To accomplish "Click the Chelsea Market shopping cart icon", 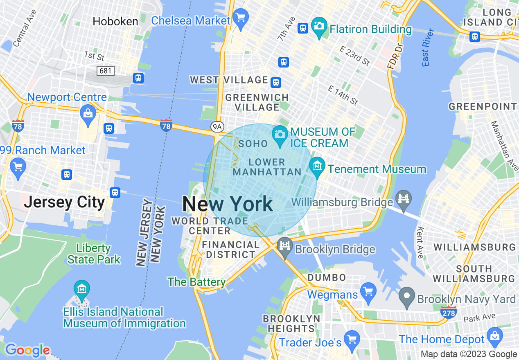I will [x=241, y=17].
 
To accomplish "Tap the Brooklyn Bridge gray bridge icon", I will [x=284, y=246].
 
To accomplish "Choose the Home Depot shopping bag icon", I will [x=495, y=336].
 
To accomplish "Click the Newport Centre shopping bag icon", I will [x=88, y=112].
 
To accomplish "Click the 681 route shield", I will [x=105, y=71].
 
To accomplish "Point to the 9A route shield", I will [x=217, y=127].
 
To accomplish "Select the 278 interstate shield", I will [x=449, y=313].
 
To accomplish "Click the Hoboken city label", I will [x=115, y=21].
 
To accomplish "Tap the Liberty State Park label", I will [x=94, y=254].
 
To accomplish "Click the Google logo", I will [x=27, y=350].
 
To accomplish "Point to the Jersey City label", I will [x=64, y=202].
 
